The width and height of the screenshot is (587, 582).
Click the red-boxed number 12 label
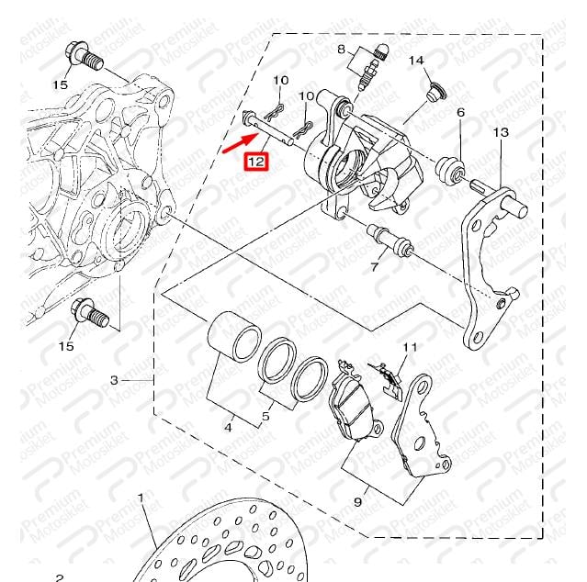[x=256, y=162]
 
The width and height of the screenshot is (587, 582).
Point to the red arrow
[x=239, y=143]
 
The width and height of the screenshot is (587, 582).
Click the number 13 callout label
[x=501, y=132]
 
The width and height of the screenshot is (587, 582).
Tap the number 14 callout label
[x=416, y=61]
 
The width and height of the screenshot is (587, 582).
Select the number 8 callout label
[x=341, y=49]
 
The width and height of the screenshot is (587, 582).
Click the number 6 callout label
[x=460, y=112]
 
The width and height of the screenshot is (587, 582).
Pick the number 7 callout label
[x=375, y=267]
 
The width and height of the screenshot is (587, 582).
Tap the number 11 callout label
[x=410, y=347]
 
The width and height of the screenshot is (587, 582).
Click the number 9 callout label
[x=358, y=501]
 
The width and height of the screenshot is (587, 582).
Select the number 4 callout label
[x=229, y=427]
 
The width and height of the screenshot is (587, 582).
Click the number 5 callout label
[x=265, y=416]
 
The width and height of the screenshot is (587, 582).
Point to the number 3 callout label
[x=114, y=380]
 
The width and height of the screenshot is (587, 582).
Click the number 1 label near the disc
[x=141, y=498]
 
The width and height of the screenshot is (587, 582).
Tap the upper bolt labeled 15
[x=85, y=57]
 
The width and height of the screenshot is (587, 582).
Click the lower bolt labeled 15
[x=90, y=312]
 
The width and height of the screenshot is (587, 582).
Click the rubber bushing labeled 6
[x=451, y=172]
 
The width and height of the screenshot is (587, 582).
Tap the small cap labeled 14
[x=435, y=92]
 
